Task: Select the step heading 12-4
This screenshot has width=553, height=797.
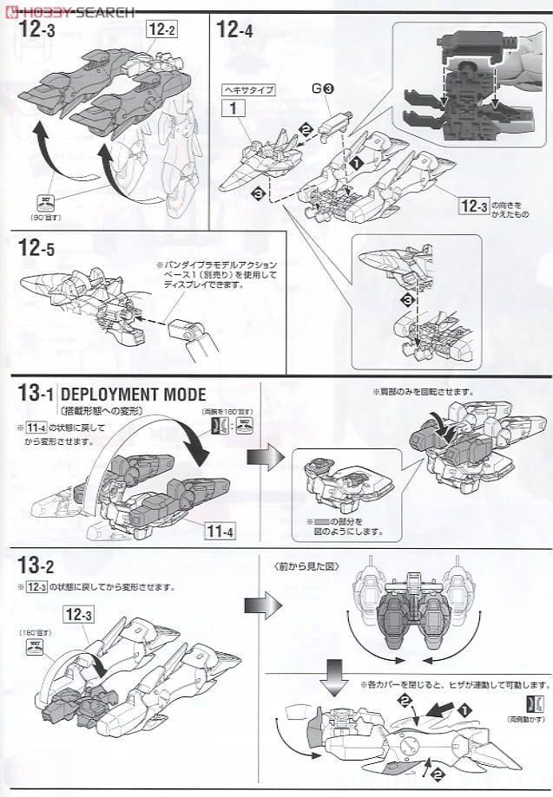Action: (x=234, y=31)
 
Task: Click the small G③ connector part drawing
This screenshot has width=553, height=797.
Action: (x=333, y=127)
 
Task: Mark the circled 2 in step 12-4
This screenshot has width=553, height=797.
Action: (x=306, y=129)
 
